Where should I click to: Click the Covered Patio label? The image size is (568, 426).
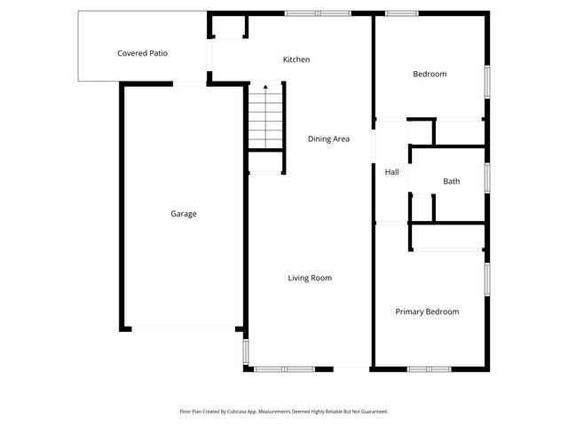tap(143, 53)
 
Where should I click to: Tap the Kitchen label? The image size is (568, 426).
tap(296, 59)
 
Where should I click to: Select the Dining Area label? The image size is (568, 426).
tap(328, 138)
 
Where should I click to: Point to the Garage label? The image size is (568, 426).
tap(184, 214)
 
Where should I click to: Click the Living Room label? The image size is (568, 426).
tap(310, 278)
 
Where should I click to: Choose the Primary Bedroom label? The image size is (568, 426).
tap(427, 312)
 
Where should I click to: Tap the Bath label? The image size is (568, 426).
tap(452, 181)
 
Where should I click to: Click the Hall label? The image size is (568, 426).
tap(391, 172)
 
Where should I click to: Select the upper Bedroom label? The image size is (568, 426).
tap(430, 74)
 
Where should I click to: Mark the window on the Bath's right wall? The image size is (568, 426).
tap(487, 177)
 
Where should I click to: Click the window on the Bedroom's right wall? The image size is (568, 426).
tap(487, 81)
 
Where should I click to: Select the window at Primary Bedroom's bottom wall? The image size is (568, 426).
tap(430, 368)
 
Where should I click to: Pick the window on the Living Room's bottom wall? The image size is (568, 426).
tap(281, 368)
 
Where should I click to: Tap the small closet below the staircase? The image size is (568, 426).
tap(265, 162)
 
